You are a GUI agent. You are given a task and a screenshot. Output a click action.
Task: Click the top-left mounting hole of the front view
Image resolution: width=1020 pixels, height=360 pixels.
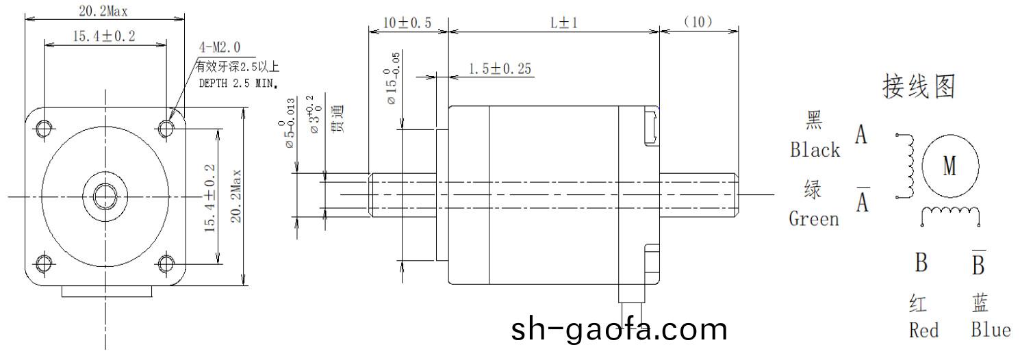pos(44,128)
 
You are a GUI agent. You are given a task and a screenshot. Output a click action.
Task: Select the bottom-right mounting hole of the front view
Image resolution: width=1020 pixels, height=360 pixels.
pos(166,263)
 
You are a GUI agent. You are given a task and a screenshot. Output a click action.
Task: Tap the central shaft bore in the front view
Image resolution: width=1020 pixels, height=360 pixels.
pos(105,196)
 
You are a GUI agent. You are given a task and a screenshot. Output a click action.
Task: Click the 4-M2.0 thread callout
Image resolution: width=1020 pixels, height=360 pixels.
pos(219,47)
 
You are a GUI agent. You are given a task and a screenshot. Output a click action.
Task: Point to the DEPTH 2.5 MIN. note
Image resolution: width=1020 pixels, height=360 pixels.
pos(237,83)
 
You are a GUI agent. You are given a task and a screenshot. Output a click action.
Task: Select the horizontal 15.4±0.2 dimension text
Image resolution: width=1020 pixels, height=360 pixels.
pos(104,36)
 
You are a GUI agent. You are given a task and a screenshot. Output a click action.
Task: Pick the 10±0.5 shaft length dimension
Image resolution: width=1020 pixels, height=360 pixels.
pos(407,23)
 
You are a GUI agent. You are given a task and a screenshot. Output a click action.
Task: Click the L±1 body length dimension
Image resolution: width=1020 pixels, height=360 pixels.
pos(565,23)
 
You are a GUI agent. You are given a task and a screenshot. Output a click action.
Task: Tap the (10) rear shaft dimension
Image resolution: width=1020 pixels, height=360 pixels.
pos(698,23)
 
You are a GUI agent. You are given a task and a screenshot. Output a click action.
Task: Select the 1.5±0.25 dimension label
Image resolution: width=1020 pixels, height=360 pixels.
pos(500,68)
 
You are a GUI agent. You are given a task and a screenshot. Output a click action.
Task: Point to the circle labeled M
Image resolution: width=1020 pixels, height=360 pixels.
pos(949,166)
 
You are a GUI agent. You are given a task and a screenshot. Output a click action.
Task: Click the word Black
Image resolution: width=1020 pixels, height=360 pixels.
pos(815,150)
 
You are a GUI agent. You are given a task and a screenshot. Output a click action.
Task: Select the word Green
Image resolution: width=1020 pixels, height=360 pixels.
pos(814,219)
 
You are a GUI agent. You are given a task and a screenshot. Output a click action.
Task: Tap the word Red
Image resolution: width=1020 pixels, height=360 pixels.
pos(923,331)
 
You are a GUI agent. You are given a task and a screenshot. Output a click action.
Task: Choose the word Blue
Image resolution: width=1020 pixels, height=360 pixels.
pos(991,330)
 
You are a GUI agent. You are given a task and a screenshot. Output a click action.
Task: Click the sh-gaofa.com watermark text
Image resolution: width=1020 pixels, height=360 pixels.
pos(619,329)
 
